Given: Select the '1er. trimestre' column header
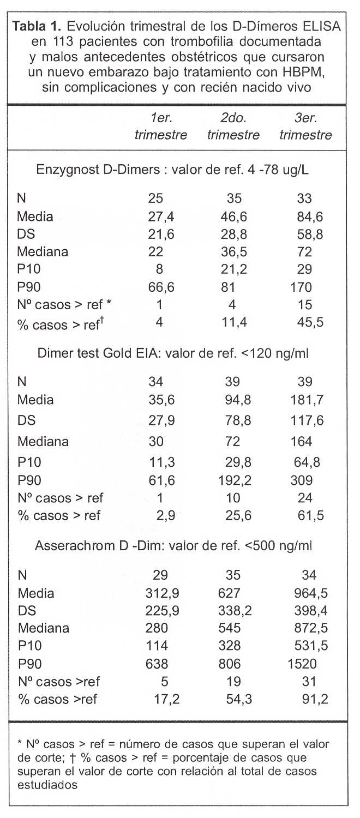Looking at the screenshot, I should (x=161, y=127).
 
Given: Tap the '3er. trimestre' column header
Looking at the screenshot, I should (x=305, y=127).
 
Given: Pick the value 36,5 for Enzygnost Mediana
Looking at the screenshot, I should (x=235, y=252).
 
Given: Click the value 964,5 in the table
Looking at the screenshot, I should (x=308, y=593).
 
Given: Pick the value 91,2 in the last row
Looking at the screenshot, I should (x=315, y=699).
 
